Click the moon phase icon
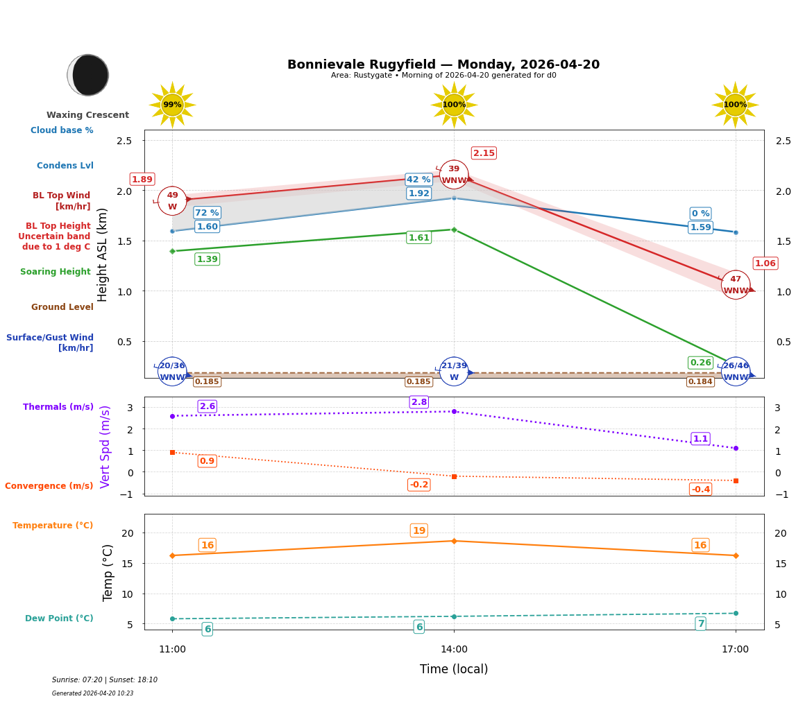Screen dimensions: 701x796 pyautogui.click(x=88, y=75)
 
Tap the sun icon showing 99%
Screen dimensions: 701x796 pyautogui.click(x=172, y=105)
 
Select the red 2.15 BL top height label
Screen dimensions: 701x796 pyautogui.click(x=484, y=153)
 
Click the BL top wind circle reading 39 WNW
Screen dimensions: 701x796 pyautogui.click(x=454, y=175)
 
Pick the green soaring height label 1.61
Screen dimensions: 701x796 pyautogui.click(x=418, y=238)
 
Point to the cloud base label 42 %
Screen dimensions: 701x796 pyautogui.click(x=418, y=180)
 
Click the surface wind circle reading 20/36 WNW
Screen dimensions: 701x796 pyautogui.click(x=172, y=372)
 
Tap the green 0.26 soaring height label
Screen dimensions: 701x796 pyautogui.click(x=700, y=363)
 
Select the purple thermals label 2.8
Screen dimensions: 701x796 pyautogui.click(x=419, y=402)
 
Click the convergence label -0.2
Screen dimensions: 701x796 pyautogui.click(x=419, y=485)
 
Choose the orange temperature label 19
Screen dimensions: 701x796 pyautogui.click(x=419, y=530)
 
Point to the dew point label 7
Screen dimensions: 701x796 pyautogui.click(x=700, y=624)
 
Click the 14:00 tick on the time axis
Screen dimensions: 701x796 pyautogui.click(x=454, y=650)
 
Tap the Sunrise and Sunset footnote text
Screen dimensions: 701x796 pyautogui.click(x=105, y=680)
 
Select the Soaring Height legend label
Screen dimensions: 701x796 pyautogui.click(x=56, y=272)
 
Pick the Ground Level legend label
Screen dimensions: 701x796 pyautogui.click(x=62, y=307)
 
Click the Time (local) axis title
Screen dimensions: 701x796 pyautogui.click(x=454, y=669)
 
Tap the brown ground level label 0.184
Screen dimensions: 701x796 pyautogui.click(x=700, y=382)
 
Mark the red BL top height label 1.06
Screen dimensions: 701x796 pyautogui.click(x=765, y=263)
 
